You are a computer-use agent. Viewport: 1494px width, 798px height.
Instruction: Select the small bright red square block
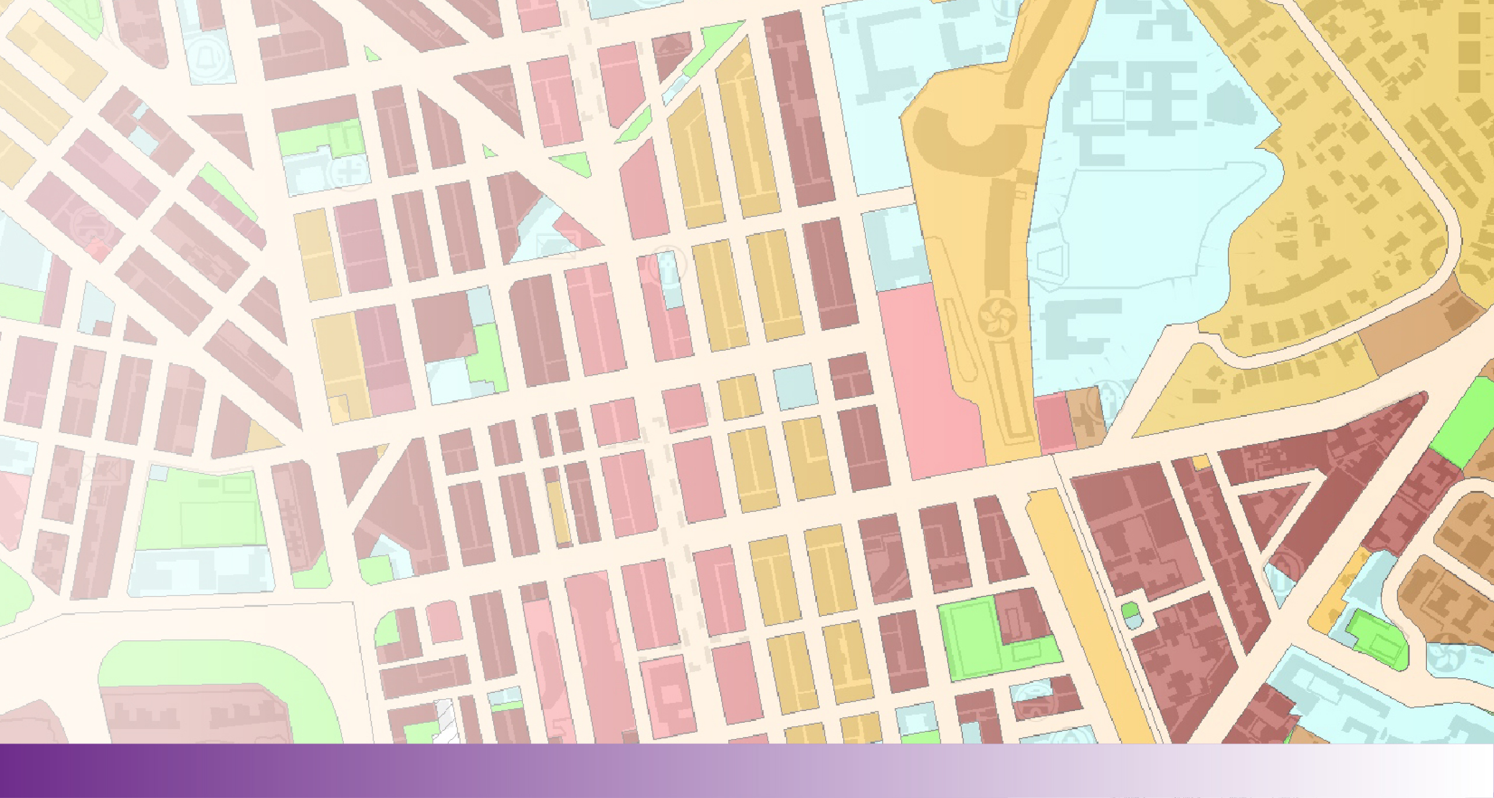(x=98, y=250)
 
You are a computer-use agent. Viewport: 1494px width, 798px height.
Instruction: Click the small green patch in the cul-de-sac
(x=1130, y=611)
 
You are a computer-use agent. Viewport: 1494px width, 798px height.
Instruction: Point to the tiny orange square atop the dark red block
(x=1200, y=462)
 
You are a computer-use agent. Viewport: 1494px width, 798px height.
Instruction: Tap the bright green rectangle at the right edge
(x=1464, y=420)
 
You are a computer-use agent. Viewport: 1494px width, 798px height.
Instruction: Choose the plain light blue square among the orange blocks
(x=794, y=386)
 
